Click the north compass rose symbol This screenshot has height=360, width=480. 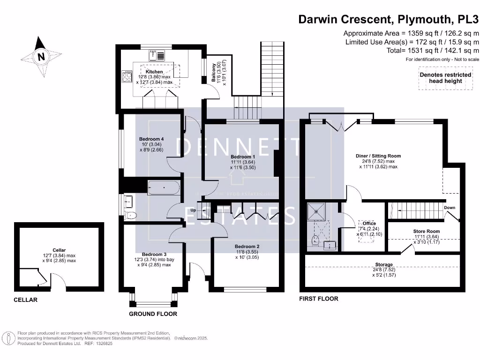[42, 57]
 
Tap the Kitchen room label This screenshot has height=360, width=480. [154, 72]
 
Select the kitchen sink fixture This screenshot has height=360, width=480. [156, 56]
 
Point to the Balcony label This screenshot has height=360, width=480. [214, 73]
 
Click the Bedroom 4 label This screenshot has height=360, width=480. [151, 139]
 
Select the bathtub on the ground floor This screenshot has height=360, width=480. [163, 188]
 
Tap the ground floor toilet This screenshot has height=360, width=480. [131, 215]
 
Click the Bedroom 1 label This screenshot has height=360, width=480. [243, 157]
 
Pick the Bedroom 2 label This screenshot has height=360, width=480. [247, 247]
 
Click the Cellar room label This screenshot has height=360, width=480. [59, 250]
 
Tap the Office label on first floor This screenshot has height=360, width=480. [369, 224]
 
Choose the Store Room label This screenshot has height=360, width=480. [426, 231]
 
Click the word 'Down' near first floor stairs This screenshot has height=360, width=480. [449, 208]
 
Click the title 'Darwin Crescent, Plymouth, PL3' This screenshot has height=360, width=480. [389, 20]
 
